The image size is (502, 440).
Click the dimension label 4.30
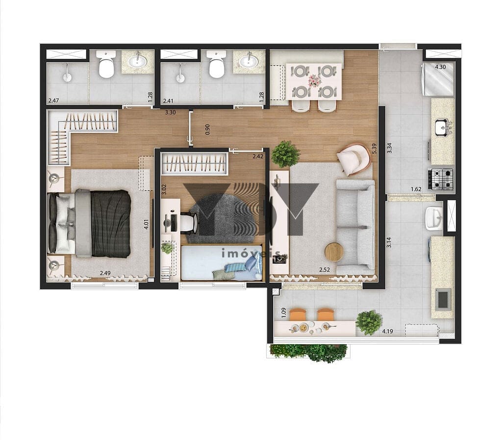point(440,67)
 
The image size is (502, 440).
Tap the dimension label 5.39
point(374,148)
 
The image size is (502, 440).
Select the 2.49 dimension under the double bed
point(105,273)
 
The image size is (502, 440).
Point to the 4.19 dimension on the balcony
point(387,331)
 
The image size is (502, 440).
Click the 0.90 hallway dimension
point(207,129)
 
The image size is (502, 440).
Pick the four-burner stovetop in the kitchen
point(441,179)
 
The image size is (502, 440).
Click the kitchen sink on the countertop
point(443,127)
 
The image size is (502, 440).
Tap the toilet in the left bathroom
point(106,64)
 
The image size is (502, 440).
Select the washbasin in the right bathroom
point(249,61)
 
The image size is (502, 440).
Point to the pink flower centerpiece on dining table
point(314,81)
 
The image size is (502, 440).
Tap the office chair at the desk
point(189,222)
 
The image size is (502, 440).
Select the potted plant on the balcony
point(369,322)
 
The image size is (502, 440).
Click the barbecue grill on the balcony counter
point(444,298)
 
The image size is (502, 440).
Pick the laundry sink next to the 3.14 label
point(434,218)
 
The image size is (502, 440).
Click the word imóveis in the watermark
point(251,254)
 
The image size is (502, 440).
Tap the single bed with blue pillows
point(222,263)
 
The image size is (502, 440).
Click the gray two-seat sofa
point(355,227)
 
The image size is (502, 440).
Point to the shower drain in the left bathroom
point(67,77)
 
